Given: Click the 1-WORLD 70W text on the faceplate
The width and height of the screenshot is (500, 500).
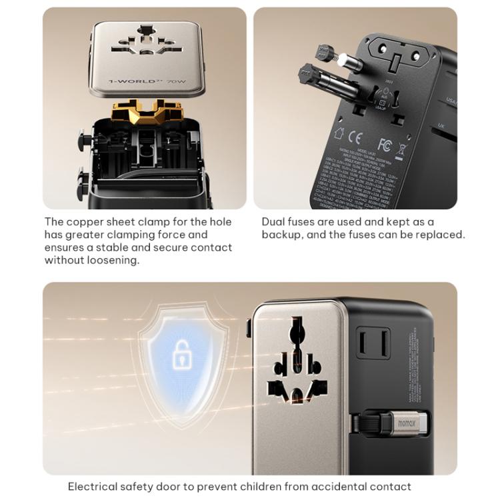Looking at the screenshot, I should coord(144,83).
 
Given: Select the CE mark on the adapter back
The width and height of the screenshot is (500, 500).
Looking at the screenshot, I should coord(355,139).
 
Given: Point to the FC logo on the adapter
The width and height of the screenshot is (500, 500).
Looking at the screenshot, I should coord(385,144).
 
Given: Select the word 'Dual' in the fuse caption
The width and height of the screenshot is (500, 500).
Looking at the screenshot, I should coord(274,221).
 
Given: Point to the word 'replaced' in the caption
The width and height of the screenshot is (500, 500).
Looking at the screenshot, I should coord(441,234).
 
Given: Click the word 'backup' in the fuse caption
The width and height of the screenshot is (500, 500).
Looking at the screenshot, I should coord(283,234).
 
